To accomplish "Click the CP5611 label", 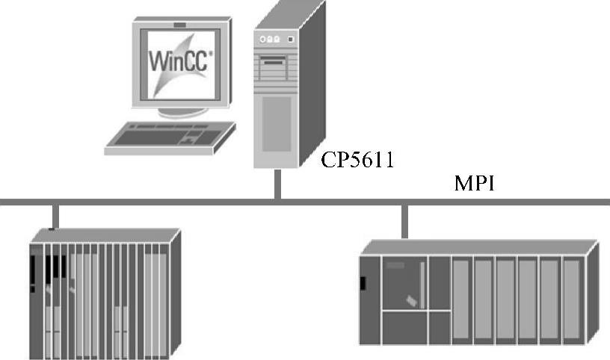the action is click(357, 161).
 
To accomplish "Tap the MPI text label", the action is click(475, 184).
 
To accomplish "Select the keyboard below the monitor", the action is click(168, 138).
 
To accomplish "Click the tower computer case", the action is click(280, 90).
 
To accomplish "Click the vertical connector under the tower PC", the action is click(277, 184).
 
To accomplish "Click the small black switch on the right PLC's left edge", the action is click(363, 283).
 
